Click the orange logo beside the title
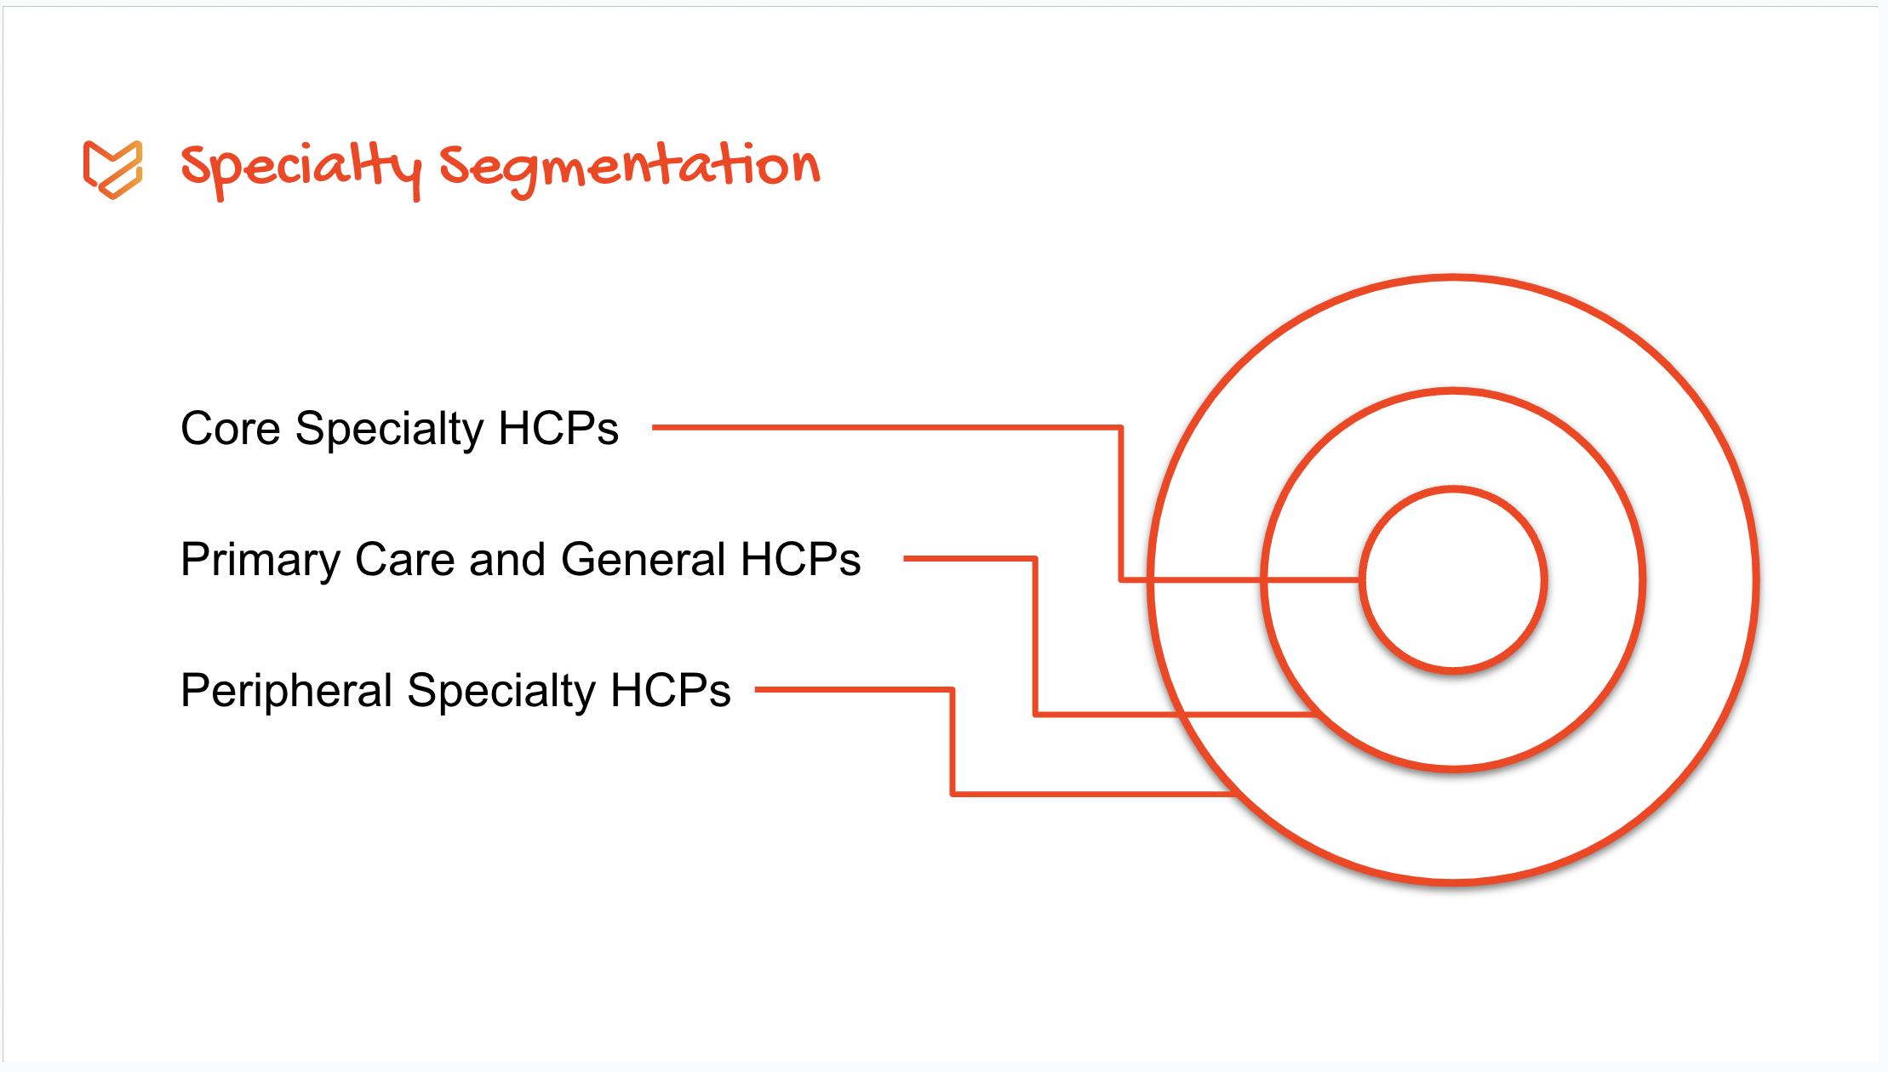pos(112,169)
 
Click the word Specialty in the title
pos(301,170)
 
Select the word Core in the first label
pos(231,428)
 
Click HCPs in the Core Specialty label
pos(558,428)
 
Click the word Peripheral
pos(287,692)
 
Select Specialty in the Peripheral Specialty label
pos(501,692)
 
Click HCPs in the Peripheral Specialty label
pos(671,690)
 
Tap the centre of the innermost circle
pos(1453,580)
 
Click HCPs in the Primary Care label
pos(801,560)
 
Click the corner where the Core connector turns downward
pos(1121,427)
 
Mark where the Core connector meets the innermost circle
pos(1360,580)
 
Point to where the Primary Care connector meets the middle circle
pos(1315,715)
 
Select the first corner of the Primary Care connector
pos(1035,559)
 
